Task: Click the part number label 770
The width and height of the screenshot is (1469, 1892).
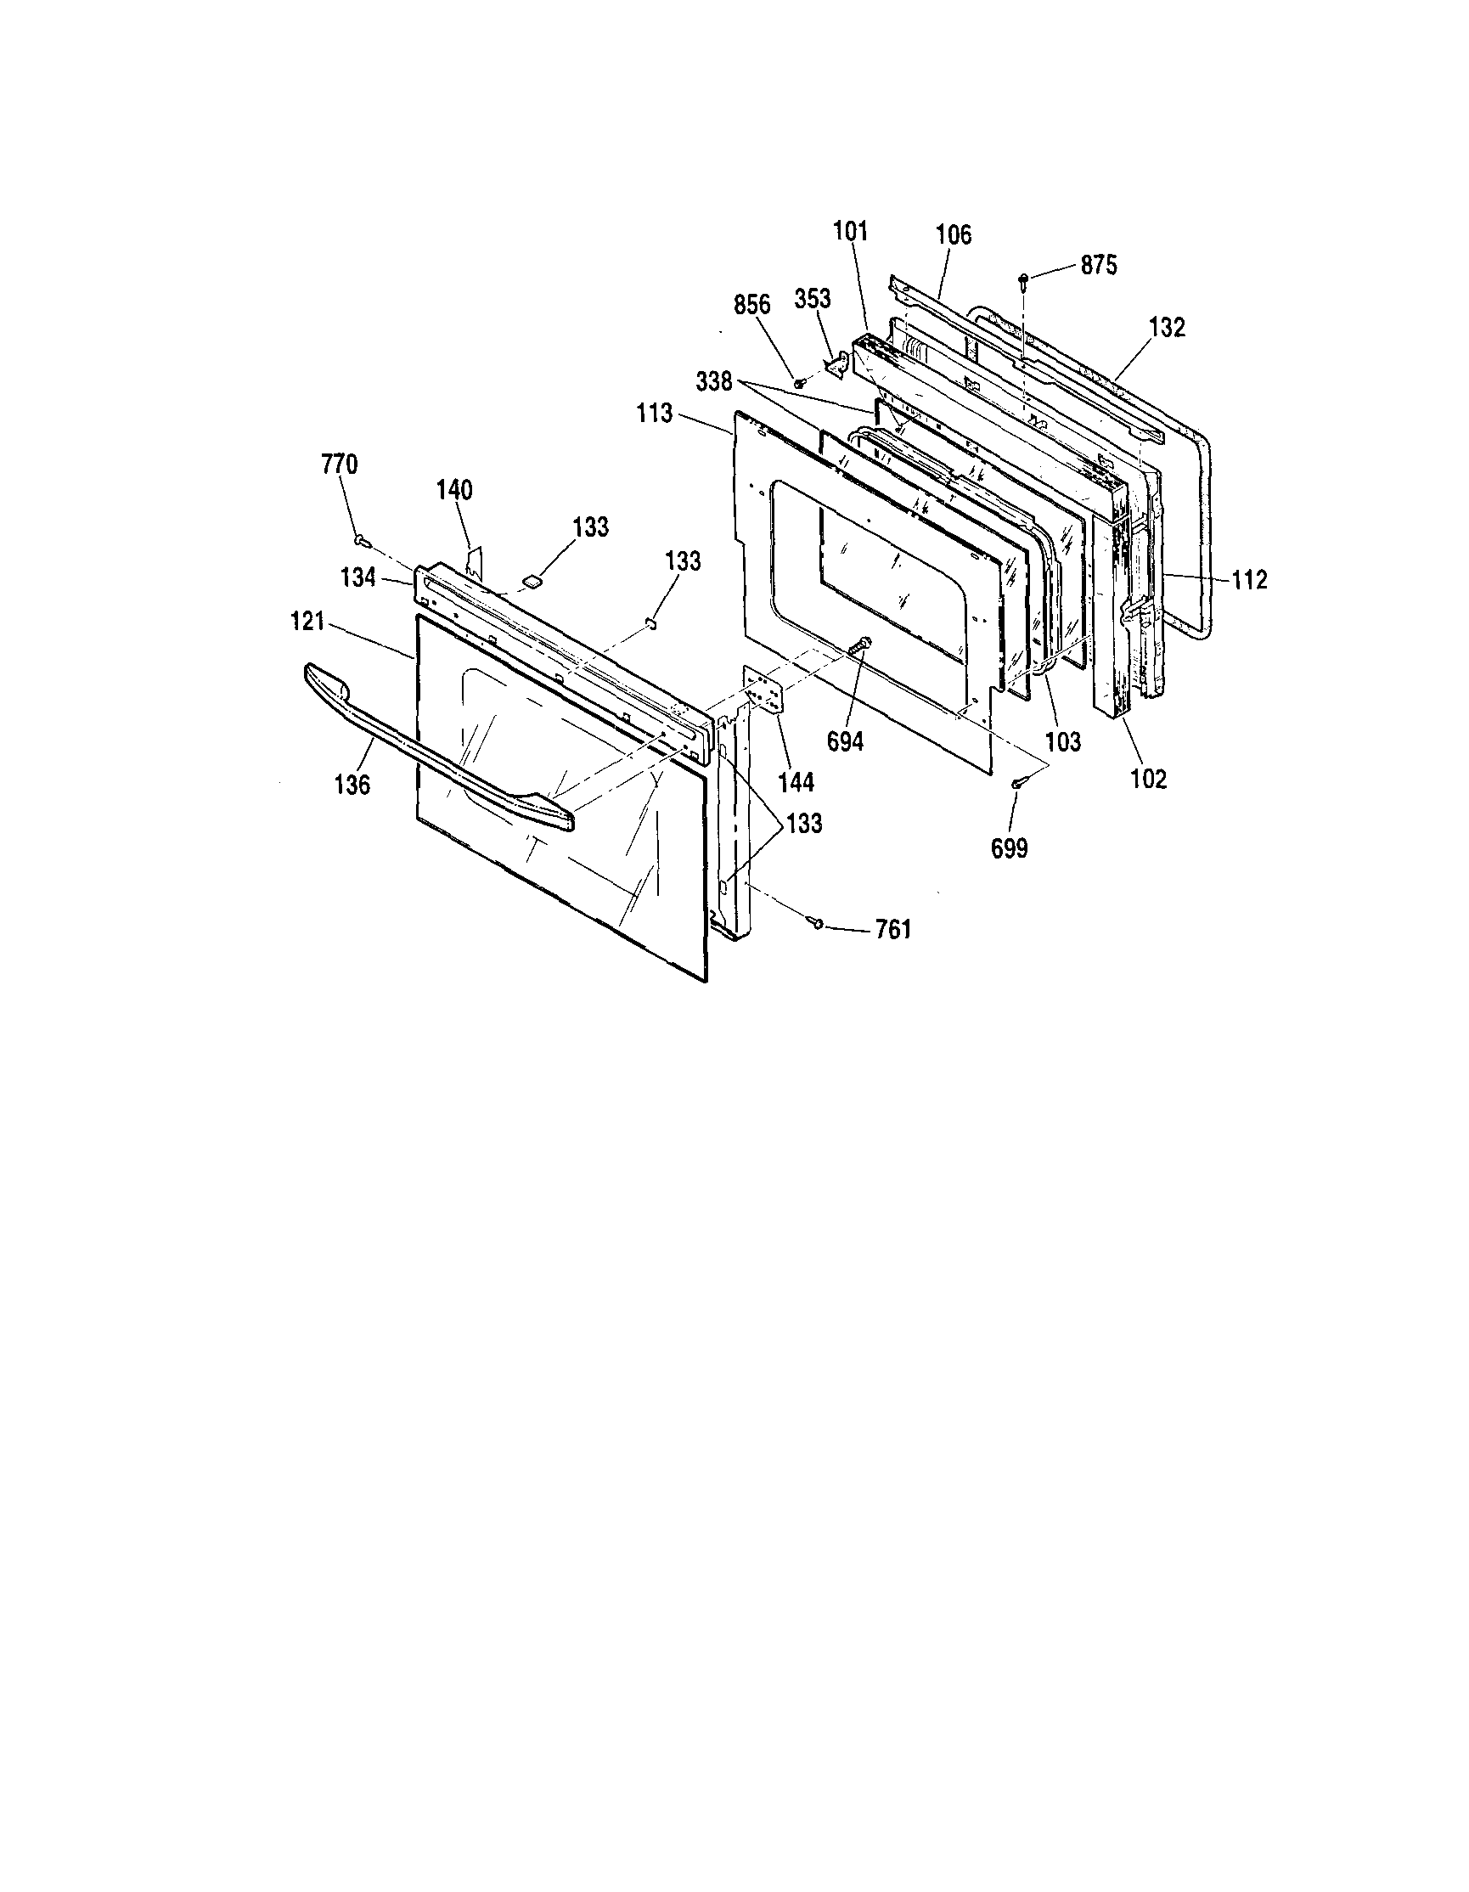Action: click(x=339, y=465)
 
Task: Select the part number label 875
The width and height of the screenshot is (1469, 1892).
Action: click(x=1098, y=265)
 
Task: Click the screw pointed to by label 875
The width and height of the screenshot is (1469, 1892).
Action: click(x=1025, y=279)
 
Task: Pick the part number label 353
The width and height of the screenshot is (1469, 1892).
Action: click(x=813, y=299)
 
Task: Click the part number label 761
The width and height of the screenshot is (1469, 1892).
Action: click(x=893, y=931)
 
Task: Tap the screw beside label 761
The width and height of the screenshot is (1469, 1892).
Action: click(x=817, y=924)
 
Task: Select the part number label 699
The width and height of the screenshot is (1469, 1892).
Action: click(x=1010, y=849)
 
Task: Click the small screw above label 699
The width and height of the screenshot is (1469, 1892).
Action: click(x=1019, y=783)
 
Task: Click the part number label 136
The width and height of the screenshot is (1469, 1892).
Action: click(x=352, y=785)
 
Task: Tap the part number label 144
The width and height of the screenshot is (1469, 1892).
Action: click(x=796, y=782)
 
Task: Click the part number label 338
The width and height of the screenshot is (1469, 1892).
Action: click(x=715, y=382)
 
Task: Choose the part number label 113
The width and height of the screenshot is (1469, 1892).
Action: click(x=655, y=414)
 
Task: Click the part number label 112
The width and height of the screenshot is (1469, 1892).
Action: click(x=1249, y=580)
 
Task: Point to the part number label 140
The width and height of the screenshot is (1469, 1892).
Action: click(x=454, y=490)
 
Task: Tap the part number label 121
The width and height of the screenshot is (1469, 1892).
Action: click(x=307, y=621)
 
